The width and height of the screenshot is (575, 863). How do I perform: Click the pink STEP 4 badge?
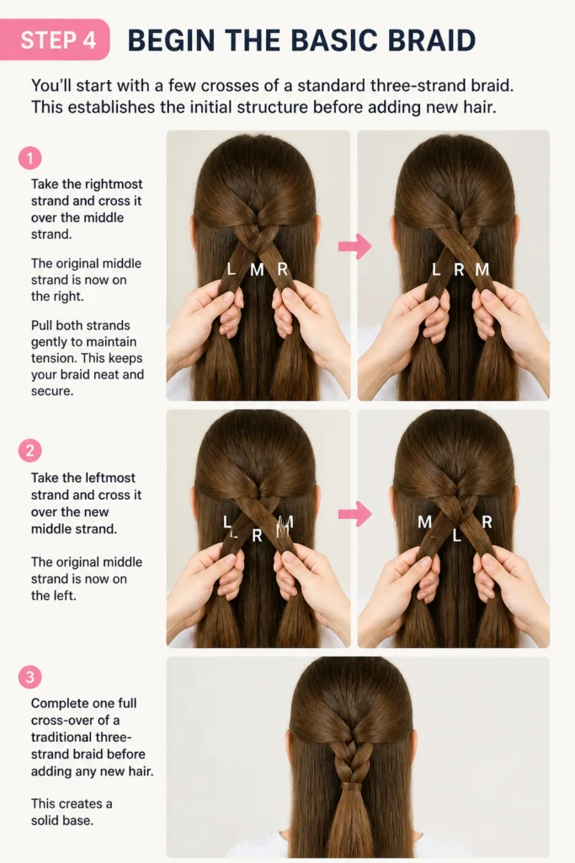click(55, 40)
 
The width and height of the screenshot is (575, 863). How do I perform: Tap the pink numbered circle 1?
click(30, 158)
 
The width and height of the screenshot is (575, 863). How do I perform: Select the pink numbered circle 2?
click(30, 451)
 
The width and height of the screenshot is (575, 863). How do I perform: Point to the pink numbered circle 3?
click(30, 677)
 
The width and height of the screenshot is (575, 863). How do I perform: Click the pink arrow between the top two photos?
click(355, 245)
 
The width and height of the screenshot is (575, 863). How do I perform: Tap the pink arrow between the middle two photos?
click(355, 513)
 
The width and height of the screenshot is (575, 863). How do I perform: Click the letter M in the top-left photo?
click(258, 270)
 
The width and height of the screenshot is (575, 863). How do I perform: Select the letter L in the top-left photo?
click(232, 269)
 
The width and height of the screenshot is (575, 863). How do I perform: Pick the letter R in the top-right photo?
click(460, 270)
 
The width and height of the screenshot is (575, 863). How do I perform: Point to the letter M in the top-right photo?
click(482, 270)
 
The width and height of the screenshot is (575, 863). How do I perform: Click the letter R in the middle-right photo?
click(487, 522)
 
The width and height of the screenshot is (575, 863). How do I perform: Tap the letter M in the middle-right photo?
click(424, 522)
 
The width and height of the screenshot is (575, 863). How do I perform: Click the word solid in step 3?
click(44, 820)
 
